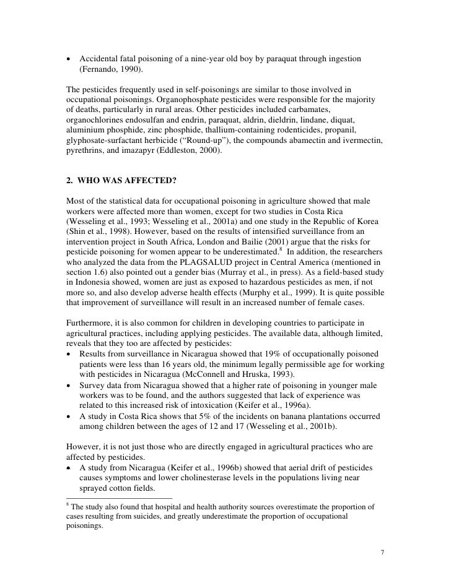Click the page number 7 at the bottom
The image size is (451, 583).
point(382,550)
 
